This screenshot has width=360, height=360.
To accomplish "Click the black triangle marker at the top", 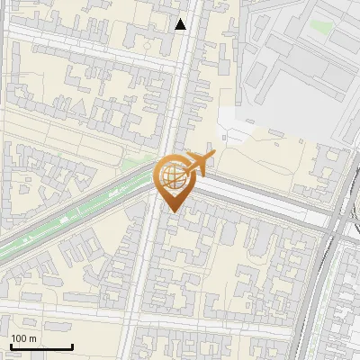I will [x=181, y=24].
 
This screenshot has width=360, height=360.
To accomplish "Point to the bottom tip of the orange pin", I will [x=172, y=210].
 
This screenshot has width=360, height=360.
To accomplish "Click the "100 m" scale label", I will [x=24, y=338].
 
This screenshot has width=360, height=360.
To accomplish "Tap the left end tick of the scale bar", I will [x=11, y=346].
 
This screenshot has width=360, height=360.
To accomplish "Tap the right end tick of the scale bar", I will [x=72, y=346].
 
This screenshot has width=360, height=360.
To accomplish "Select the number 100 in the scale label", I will [x=19, y=338].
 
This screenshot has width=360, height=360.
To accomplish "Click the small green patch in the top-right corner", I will [x=320, y=26].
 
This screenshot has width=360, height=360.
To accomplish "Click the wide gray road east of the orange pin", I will [x=261, y=200].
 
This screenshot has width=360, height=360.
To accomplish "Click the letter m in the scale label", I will [x=33, y=338].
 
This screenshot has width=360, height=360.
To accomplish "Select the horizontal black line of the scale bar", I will [x=41, y=347].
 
